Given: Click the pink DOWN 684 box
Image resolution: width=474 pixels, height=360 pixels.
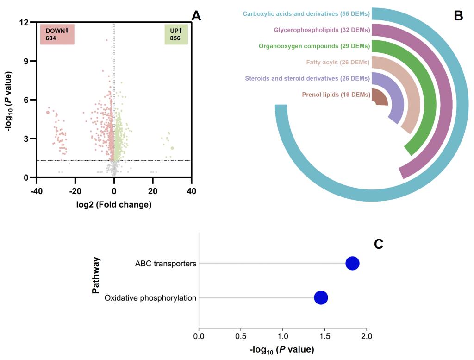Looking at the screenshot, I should click(x=57, y=34).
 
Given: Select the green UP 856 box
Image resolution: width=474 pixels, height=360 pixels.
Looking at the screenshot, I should click(x=176, y=34).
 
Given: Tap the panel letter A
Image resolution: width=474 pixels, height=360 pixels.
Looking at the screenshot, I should click(x=196, y=16).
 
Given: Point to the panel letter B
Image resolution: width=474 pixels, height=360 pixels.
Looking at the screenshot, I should click(x=458, y=16).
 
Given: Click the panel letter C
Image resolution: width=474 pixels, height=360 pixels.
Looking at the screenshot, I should click(x=379, y=244).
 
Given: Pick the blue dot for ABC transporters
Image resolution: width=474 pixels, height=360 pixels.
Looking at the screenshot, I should click(x=352, y=264).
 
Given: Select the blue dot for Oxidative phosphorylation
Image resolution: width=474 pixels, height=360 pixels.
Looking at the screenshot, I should click(x=321, y=297).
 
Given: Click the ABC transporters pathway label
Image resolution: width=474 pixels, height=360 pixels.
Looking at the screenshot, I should click(x=166, y=264).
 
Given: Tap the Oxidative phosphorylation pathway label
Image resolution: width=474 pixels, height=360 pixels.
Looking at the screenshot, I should click(x=150, y=298).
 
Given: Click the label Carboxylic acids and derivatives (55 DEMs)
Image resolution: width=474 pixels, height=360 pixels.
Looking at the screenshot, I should click(x=306, y=14).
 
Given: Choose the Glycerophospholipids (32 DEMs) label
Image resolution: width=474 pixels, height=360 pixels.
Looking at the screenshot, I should click(x=322, y=30).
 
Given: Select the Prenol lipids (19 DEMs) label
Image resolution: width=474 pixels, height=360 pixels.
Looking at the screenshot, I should click(x=336, y=95).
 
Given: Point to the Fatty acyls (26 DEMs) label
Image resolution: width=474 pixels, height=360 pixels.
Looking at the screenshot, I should click(x=338, y=62).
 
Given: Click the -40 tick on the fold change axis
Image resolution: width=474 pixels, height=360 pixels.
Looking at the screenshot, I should click(x=37, y=191).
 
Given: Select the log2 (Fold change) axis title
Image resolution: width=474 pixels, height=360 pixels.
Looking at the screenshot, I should click(x=114, y=204).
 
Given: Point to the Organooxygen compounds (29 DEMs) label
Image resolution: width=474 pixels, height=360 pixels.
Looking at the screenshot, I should click(x=314, y=46).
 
